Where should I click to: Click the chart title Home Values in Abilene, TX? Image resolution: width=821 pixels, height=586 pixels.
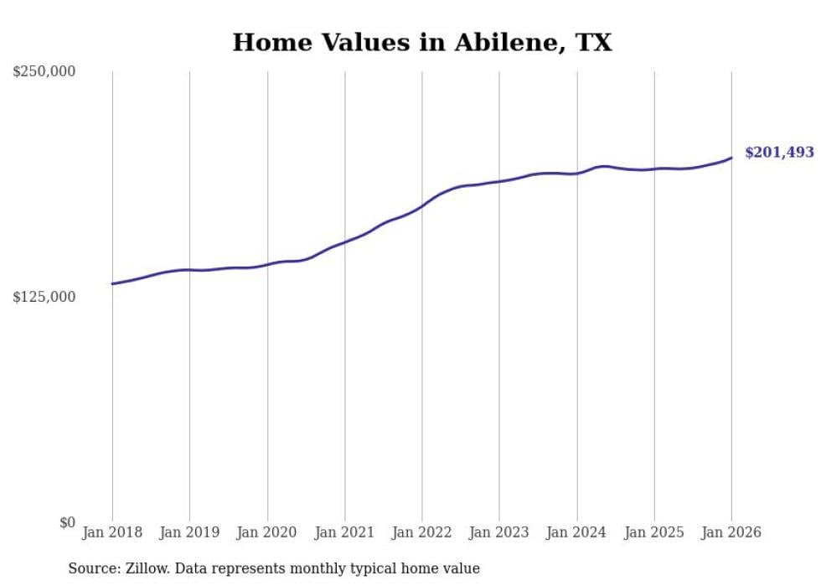point(422,43)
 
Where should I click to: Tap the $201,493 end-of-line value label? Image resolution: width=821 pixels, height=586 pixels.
point(779,153)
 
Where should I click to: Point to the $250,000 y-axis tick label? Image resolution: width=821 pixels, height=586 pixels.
point(44,72)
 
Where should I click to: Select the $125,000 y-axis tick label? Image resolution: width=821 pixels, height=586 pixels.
point(44,298)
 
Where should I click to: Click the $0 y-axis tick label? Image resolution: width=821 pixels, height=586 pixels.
point(67,523)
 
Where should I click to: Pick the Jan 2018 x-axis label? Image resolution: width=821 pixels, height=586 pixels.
point(112,532)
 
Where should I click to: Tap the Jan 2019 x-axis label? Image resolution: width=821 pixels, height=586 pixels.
point(189,532)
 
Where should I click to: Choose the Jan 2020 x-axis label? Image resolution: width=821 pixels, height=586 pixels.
point(267,532)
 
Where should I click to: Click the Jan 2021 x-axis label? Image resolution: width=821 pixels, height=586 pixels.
point(344,532)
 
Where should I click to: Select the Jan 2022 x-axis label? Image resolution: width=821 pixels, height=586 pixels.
point(422,532)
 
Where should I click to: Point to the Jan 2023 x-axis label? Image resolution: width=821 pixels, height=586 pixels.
point(499,532)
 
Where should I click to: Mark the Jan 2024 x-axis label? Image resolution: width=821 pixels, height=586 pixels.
point(577,532)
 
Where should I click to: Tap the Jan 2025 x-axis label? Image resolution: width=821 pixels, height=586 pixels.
point(654,532)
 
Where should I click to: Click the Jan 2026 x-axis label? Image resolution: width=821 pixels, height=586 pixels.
point(731,532)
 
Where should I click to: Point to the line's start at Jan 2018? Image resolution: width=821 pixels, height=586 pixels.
point(112,283)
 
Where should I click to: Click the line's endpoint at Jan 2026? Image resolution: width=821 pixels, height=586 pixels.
point(731,158)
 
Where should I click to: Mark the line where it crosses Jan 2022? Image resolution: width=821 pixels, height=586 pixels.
point(422,205)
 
